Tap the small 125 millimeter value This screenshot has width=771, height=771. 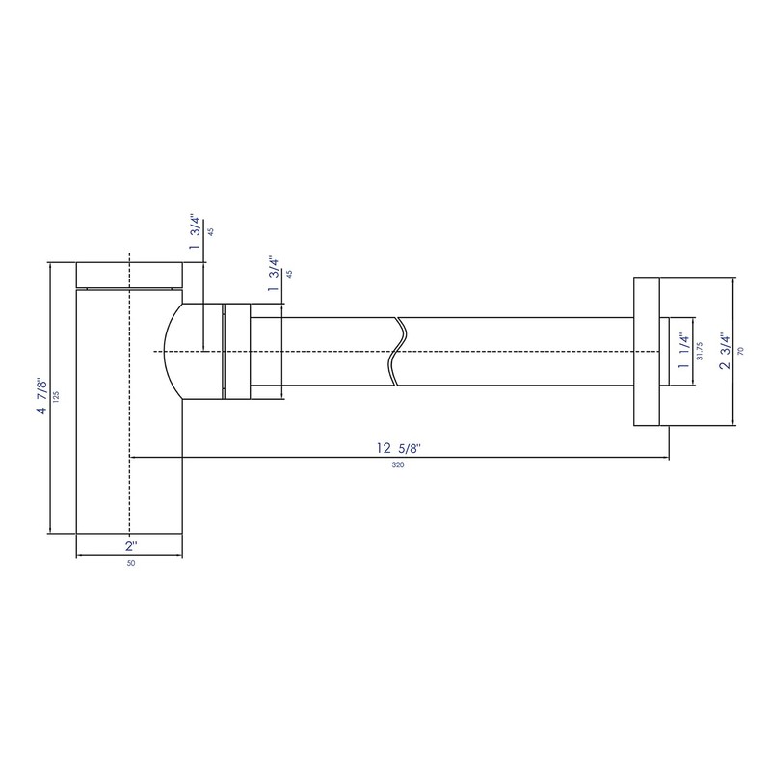[56, 396]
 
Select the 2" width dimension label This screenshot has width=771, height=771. [131, 545]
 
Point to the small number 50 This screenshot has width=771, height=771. [131, 564]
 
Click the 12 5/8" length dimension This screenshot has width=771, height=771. [399, 448]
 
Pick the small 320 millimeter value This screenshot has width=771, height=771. [398, 465]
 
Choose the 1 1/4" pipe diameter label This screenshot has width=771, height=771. [683, 351]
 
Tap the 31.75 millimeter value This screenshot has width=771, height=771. [700, 351]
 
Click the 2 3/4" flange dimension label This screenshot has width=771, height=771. [726, 351]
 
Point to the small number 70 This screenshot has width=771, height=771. [741, 351]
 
